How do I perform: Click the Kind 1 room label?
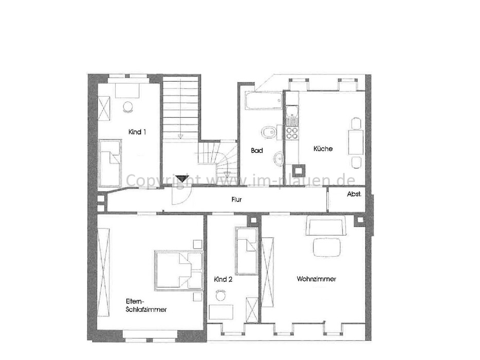coord(137,132)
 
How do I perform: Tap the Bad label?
coord(257,151)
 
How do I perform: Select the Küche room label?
coord(323,149)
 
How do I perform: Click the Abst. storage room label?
coord(354,194)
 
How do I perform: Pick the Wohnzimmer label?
coord(317,279)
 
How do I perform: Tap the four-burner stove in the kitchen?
coord(292,133)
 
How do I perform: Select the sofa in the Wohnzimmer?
coord(325,226)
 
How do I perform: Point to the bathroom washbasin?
coord(279,158)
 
